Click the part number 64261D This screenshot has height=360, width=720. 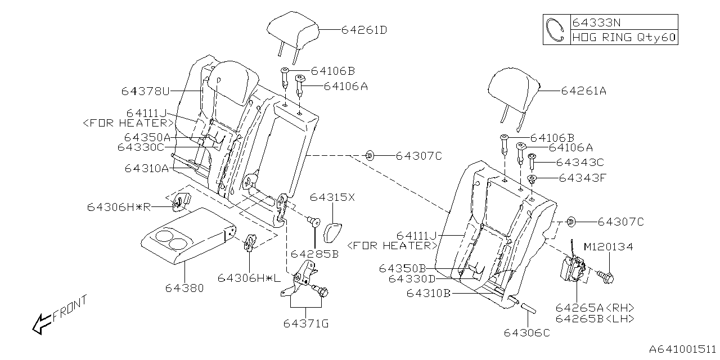click(364, 30)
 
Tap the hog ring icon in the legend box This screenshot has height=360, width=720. click(556, 29)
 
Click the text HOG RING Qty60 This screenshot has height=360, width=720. click(624, 37)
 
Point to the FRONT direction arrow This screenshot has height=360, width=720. click(42, 323)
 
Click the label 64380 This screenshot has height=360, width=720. click(184, 288)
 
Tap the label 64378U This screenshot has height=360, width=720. click(145, 91)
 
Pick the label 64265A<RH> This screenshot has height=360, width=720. click(595, 308)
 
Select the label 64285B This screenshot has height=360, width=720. click(314, 254)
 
